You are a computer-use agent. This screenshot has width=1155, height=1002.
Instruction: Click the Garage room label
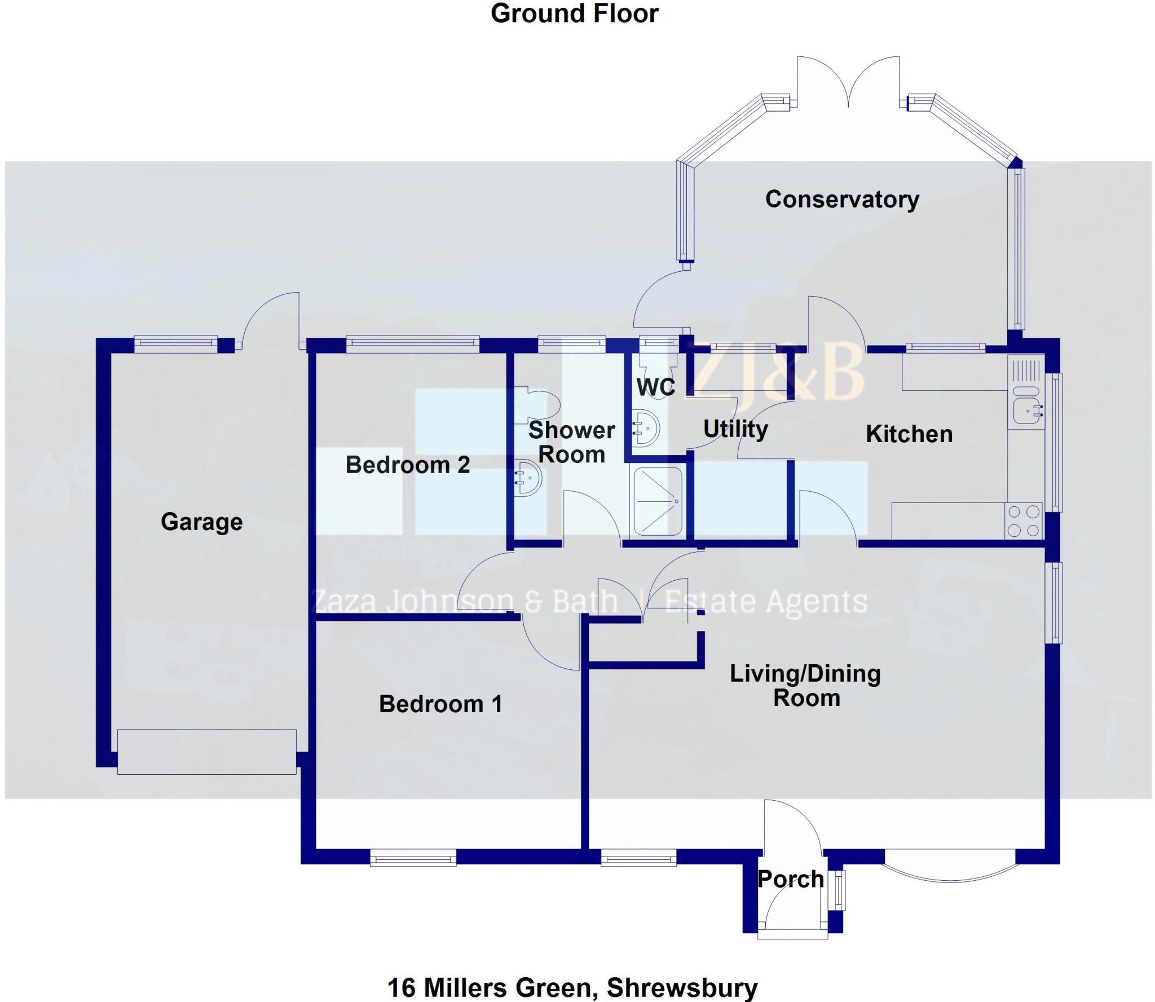tap(201, 522)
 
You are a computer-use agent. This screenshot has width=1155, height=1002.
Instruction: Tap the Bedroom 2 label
tap(407, 465)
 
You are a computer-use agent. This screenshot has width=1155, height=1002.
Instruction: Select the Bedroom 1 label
tap(440, 704)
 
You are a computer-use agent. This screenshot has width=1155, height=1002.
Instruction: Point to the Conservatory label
tap(842, 199)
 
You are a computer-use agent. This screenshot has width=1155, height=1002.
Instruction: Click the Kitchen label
tap(909, 434)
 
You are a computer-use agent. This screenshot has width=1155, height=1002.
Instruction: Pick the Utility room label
tap(735, 429)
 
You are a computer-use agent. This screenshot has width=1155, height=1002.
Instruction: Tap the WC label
tap(655, 387)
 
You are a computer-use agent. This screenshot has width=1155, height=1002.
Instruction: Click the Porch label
tap(791, 879)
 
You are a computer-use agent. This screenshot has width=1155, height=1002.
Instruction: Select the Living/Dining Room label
tap(805, 686)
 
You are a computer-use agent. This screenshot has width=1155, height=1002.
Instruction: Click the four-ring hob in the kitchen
tap(1024, 520)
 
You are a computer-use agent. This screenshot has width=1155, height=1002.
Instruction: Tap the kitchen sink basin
tap(1026, 410)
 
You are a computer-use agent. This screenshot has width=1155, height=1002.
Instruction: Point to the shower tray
tap(658, 501)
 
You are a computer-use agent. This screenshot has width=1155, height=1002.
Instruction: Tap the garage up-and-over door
tap(206, 752)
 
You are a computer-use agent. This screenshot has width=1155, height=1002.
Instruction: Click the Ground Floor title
tap(574, 14)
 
